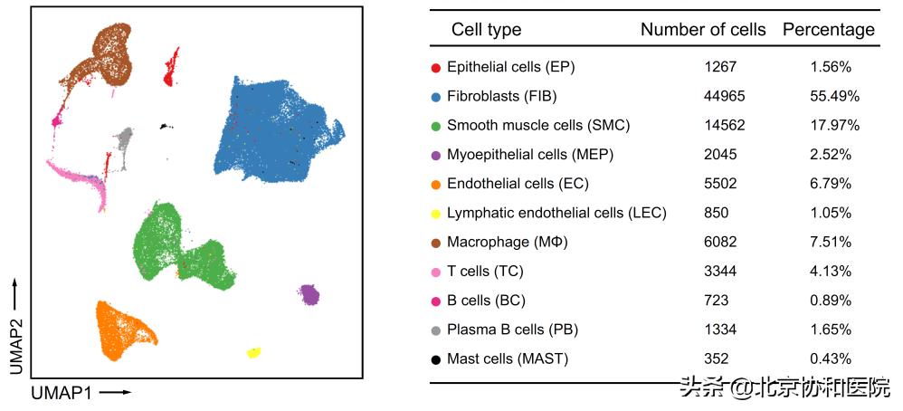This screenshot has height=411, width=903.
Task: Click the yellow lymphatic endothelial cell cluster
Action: coord(254,352)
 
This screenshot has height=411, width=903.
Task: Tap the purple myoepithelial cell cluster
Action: coord(309,294)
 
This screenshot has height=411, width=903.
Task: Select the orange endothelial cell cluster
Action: coord(121,327)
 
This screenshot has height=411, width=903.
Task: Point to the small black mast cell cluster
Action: coord(164,127)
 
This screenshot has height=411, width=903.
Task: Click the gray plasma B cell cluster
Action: coord(125,140)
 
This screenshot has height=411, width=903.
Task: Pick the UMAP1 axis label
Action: coord(62,393)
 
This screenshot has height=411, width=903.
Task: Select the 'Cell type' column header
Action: coord(486,30)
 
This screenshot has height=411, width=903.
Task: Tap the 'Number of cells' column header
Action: coord(703,30)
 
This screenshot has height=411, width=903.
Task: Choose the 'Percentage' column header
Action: coord(829,30)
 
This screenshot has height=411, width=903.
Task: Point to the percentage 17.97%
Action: coord(831,125)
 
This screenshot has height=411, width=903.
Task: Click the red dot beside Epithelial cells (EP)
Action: coord(436,67)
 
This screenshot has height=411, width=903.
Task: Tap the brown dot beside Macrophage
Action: coord(436,243)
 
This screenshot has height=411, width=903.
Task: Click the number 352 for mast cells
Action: coord(716,359)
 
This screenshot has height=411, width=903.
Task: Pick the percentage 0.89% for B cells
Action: coord(831,301)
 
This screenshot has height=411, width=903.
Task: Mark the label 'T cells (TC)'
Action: coord(485,272)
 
